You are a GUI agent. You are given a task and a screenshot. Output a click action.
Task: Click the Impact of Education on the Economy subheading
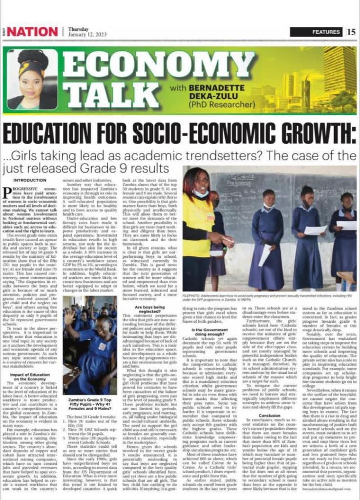[x=32, y=361]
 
